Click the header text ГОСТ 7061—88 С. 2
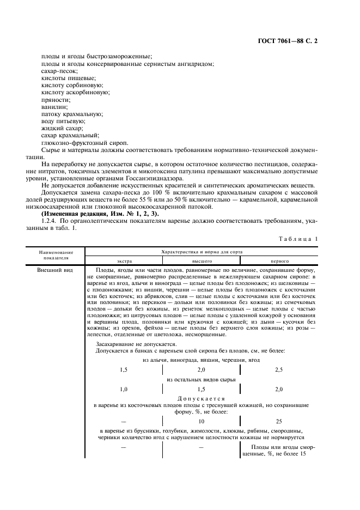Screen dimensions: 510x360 (x=291, y=41)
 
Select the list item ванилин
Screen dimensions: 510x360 (x=53, y=107)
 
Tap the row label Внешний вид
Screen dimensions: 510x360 (x=53, y=270)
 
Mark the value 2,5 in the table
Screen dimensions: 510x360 (x=279, y=369)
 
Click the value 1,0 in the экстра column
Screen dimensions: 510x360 (x=124, y=389)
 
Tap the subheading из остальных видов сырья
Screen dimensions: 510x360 (x=202, y=379)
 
